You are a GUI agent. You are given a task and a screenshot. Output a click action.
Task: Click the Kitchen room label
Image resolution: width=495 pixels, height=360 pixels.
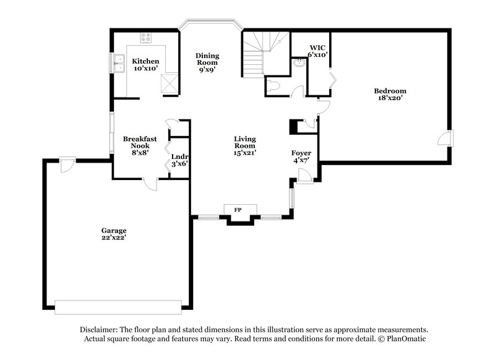(x=146, y=62)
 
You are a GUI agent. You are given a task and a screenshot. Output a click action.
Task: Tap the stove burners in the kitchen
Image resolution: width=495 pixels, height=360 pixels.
(x=146, y=40)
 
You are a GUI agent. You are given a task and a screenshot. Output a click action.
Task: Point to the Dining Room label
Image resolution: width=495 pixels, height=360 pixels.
(x=208, y=62)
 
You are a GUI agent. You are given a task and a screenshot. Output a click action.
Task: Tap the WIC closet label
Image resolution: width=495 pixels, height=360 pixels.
(x=317, y=46)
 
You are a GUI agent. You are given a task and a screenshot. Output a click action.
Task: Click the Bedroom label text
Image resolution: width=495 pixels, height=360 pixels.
(x=390, y=91)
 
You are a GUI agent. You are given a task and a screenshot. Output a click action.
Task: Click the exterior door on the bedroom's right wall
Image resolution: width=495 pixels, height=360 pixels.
(x=446, y=139)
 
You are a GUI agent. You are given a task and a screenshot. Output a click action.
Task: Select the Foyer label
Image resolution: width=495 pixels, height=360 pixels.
(x=301, y=153)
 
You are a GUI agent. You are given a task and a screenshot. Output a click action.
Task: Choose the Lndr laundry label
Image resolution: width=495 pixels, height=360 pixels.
(x=179, y=156)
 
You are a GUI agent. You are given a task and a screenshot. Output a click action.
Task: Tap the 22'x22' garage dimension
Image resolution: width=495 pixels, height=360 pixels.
(x=114, y=238)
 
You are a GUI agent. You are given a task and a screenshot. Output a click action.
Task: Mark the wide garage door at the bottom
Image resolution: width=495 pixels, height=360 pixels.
(x=118, y=304)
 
